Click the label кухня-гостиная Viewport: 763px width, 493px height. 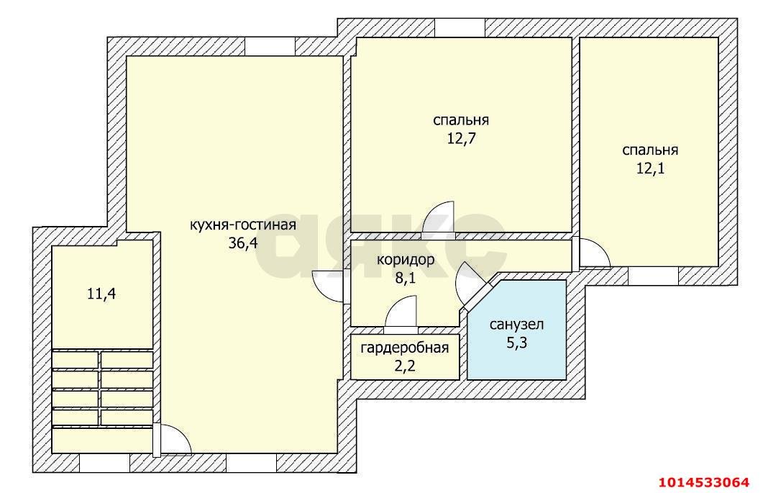[243, 225]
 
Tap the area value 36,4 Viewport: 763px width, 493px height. [243, 243]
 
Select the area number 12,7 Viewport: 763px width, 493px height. [461, 139]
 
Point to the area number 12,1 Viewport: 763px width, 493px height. [651, 168]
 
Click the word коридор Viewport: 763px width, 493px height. [406, 260]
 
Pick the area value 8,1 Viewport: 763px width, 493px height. [406, 278]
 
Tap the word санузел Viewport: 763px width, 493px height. [517, 324]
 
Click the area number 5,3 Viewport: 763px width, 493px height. [517, 343]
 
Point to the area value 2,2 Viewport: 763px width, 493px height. [404, 366]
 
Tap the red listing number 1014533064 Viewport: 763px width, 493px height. [703, 483]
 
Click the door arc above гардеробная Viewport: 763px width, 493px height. [401, 315]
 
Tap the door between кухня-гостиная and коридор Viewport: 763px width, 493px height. [329, 286]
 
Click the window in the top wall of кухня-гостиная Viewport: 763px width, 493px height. [270, 47]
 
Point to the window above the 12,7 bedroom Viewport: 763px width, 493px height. [460, 28]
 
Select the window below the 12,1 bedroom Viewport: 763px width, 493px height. [653, 276]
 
